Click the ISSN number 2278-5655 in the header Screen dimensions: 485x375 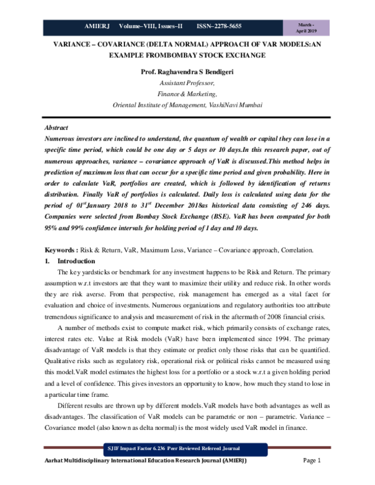click(x=219, y=27)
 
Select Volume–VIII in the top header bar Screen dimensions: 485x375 click(x=134, y=27)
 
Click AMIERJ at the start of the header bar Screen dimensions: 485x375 click(x=97, y=27)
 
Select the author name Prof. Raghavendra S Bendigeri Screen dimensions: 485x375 click(x=187, y=72)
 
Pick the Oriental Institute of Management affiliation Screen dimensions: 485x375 click(x=187, y=104)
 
